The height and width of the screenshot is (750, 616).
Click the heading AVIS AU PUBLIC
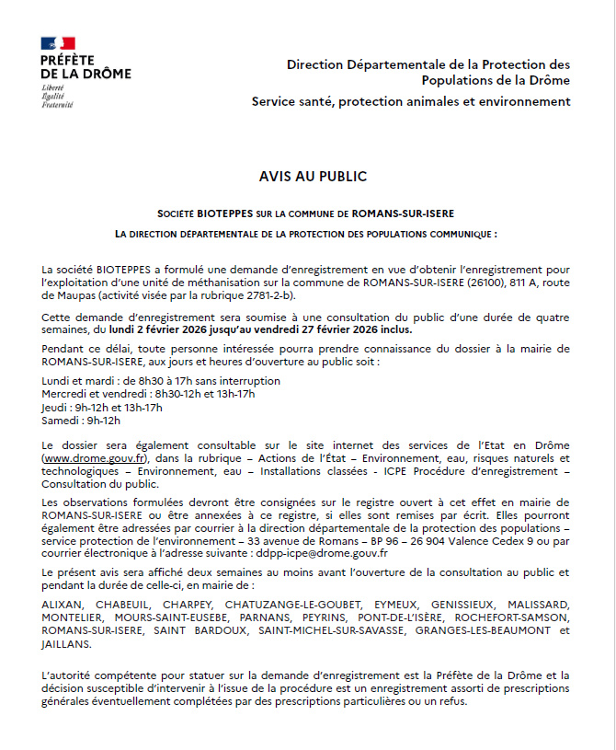(313, 177)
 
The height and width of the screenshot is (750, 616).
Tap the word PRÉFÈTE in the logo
(68, 60)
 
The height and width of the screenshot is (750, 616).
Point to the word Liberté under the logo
(53, 86)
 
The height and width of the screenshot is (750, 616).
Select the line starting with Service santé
(411, 101)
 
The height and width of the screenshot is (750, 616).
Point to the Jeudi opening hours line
(102, 408)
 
